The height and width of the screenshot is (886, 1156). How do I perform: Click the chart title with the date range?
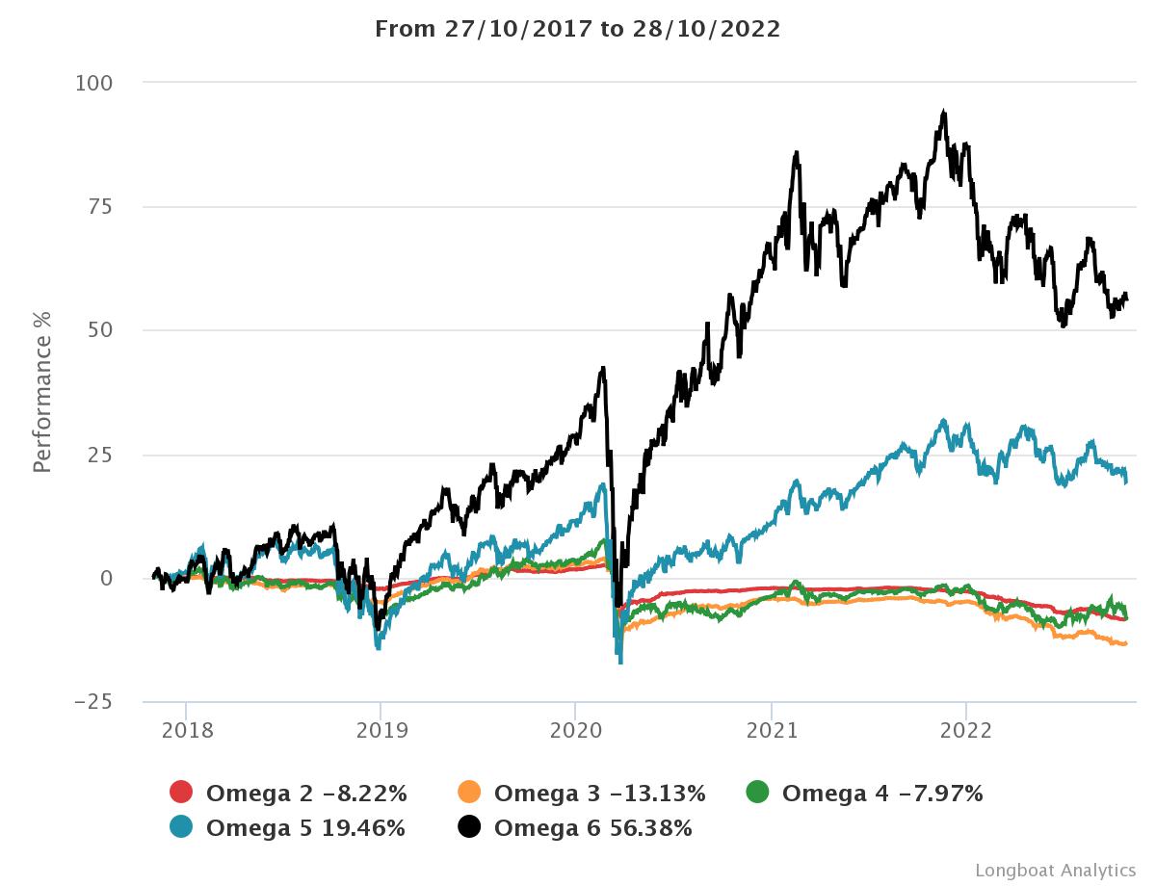pyautogui.click(x=577, y=29)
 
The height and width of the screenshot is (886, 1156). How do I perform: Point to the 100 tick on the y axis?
pyautogui.click(x=94, y=84)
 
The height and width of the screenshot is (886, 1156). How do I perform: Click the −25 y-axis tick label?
pyautogui.click(x=94, y=702)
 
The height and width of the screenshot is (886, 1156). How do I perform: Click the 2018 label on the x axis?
pyautogui.click(x=186, y=730)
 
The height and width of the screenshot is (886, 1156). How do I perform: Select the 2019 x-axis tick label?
pyautogui.click(x=381, y=730)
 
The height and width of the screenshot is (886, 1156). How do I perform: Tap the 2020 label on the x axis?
pyautogui.click(x=575, y=730)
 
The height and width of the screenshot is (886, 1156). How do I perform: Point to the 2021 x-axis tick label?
pyautogui.click(x=771, y=730)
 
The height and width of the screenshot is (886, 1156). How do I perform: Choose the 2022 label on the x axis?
pyautogui.click(x=965, y=730)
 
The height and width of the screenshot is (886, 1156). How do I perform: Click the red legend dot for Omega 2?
pyautogui.click(x=181, y=793)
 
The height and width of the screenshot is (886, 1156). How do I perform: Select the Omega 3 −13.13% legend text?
pyautogui.click(x=599, y=794)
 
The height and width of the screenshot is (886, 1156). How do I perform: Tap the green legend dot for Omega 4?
pyautogui.click(x=758, y=793)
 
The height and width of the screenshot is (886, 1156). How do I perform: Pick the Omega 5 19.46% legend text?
pyautogui.click(x=305, y=827)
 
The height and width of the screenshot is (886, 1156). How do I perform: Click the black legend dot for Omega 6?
pyautogui.click(x=469, y=826)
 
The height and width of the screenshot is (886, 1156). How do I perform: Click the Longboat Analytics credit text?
pyautogui.click(x=1056, y=870)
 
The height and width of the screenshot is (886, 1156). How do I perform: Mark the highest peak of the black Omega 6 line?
pyautogui.click(x=944, y=112)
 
